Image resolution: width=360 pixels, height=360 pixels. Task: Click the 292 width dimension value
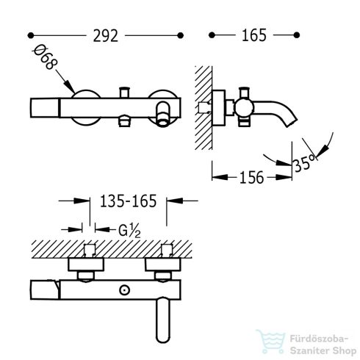click(106, 36)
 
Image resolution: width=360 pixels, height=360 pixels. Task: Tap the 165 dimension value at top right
click(254, 35)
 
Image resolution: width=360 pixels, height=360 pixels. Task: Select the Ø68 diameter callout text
click(45, 57)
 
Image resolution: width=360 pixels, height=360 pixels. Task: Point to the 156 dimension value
click(252, 178)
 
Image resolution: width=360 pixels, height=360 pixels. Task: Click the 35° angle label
click(304, 163)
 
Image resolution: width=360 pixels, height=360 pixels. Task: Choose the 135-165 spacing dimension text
click(129, 201)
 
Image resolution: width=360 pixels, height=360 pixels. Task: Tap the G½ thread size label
click(129, 231)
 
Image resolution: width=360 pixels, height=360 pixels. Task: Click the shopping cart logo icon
click(271, 342)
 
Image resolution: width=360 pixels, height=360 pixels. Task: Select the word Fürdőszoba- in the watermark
click(319, 339)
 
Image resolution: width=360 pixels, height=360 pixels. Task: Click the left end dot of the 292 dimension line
click(30, 35)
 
